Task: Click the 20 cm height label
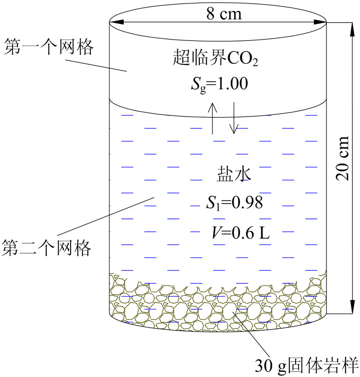(343, 158)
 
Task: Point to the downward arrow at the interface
(233, 118)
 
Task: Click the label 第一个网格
(48, 46)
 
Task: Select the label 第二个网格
(47, 247)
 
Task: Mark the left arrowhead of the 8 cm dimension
(113, 21)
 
